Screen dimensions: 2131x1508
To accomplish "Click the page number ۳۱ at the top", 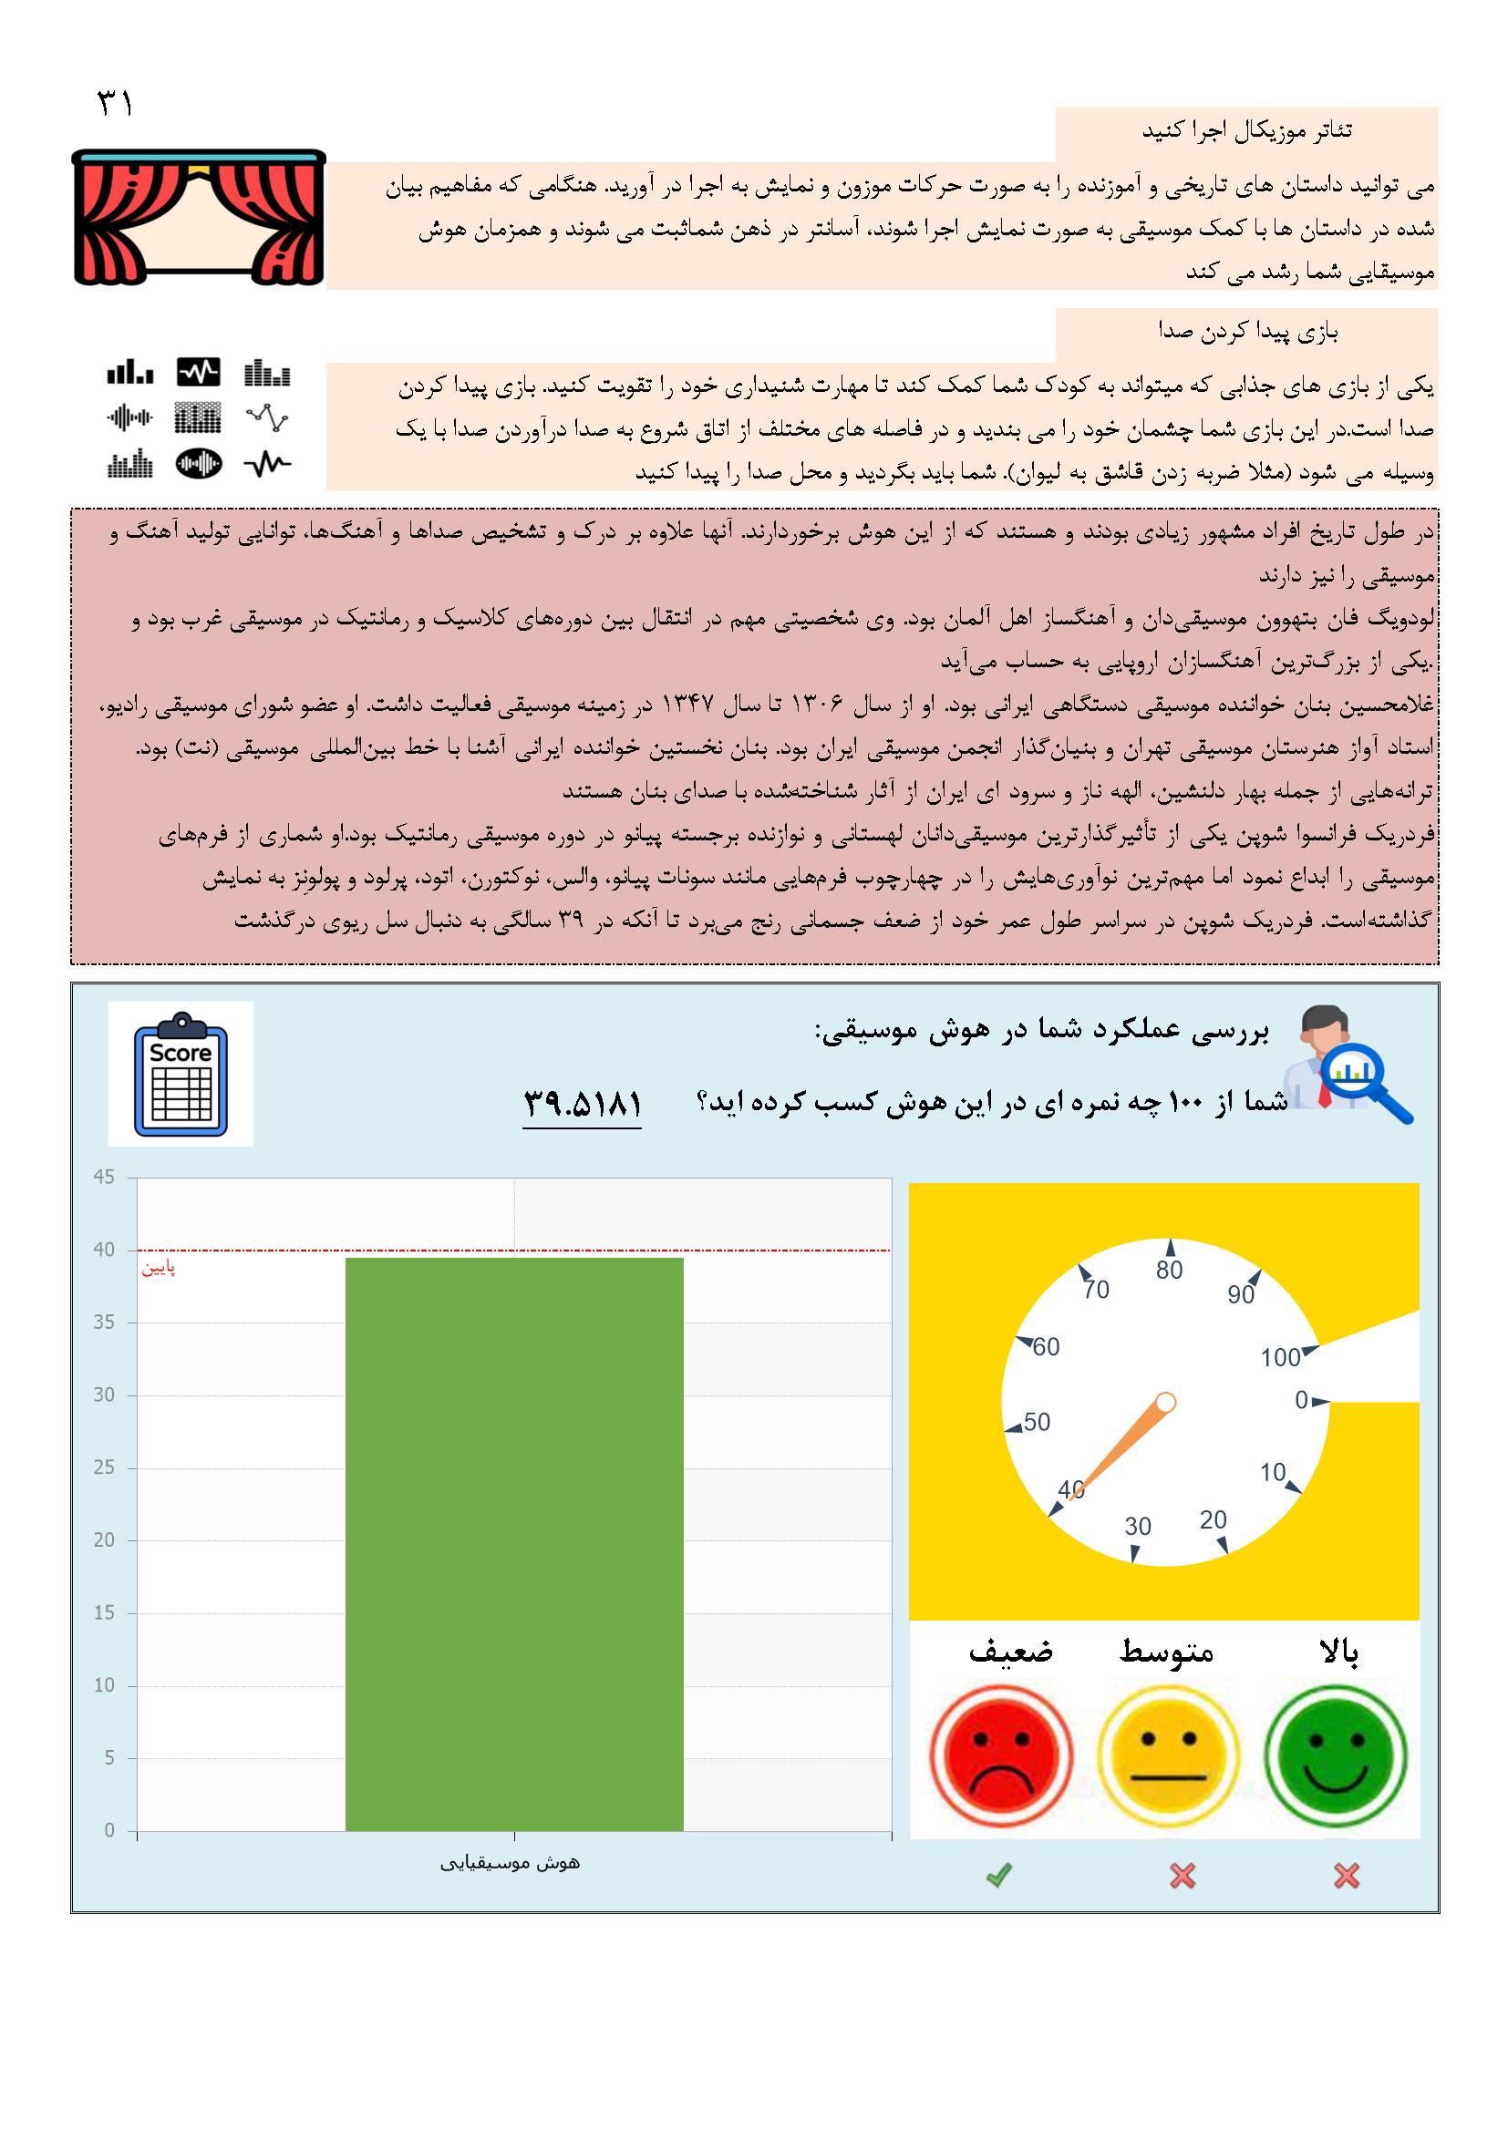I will (x=115, y=104).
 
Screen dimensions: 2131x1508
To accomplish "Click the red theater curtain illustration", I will (x=199, y=217).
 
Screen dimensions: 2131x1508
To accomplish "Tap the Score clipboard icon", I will (x=181, y=1074).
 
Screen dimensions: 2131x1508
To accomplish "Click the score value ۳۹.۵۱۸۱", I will (x=583, y=1105).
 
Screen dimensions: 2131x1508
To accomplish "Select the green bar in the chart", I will (x=513, y=1544).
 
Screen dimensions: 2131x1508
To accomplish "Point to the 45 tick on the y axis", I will (x=104, y=1178).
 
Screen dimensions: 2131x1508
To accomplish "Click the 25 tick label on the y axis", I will (x=104, y=1468).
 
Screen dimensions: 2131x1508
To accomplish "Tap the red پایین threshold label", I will (x=158, y=1269).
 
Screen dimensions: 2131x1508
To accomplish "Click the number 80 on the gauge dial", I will (x=1169, y=1270).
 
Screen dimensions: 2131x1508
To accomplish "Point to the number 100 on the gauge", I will (x=1279, y=1358).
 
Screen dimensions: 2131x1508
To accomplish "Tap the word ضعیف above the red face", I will (x=1010, y=1652).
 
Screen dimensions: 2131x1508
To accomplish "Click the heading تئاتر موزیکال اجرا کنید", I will (x=1246, y=132).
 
